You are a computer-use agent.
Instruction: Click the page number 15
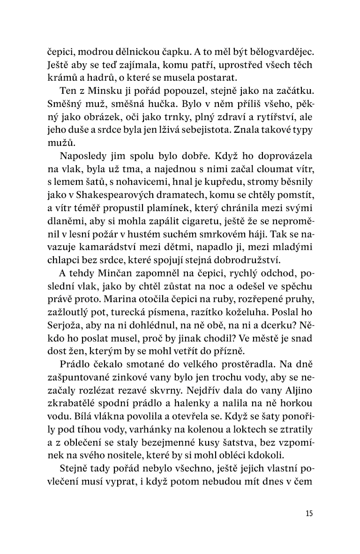click(308, 513)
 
